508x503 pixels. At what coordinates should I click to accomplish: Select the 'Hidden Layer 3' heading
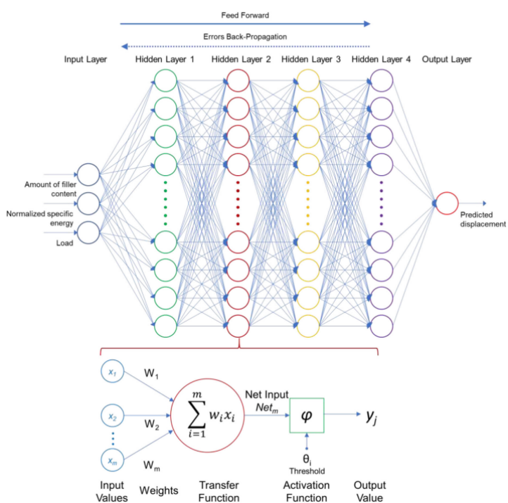pos(310,60)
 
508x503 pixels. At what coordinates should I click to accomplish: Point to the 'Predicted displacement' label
pos(483,219)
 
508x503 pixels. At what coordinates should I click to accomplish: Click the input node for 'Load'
pos(88,231)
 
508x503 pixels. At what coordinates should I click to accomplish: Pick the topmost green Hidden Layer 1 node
pos(165,82)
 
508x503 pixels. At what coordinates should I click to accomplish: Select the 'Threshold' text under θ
pos(306,471)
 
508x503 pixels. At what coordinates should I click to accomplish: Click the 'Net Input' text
pos(266,395)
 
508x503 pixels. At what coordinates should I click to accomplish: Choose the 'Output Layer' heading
pos(446,60)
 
